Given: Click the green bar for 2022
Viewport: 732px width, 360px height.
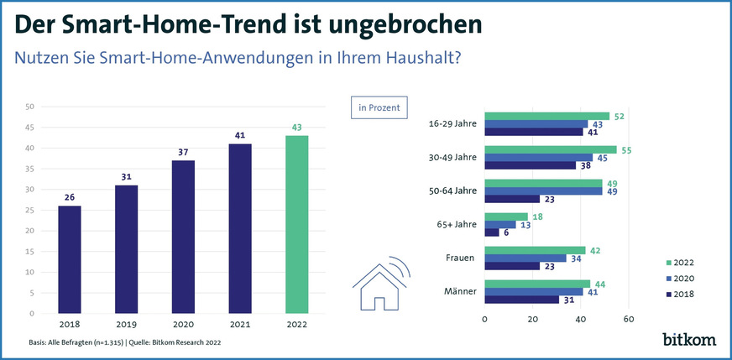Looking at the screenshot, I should (297, 224).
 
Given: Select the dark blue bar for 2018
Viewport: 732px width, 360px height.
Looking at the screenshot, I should (69, 259).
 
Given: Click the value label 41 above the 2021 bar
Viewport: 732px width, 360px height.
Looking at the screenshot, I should (240, 134).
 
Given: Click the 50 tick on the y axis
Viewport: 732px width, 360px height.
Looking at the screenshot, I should (29, 107).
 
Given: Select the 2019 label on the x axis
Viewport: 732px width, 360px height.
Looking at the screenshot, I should (126, 324).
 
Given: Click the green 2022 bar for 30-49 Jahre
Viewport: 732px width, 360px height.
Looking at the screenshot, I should (551, 149).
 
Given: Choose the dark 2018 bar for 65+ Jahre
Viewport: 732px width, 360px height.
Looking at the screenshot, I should (492, 232).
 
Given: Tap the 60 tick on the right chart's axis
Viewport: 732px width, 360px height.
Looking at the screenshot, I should (629, 320).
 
